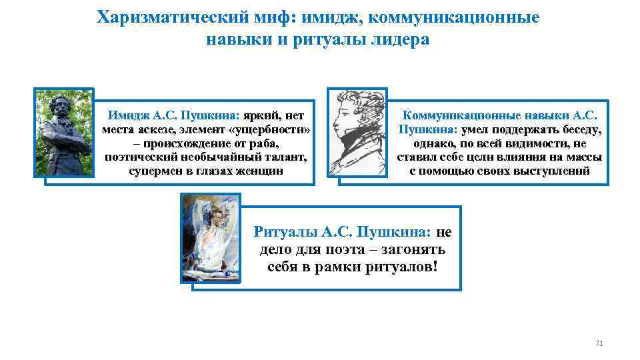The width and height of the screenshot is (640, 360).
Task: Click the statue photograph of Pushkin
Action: coord(63,133)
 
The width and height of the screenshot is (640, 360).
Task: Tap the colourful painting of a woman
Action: coord(210,238)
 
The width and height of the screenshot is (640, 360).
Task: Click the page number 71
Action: coord(598,343)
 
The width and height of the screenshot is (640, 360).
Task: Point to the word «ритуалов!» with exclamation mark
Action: coord(400,267)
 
